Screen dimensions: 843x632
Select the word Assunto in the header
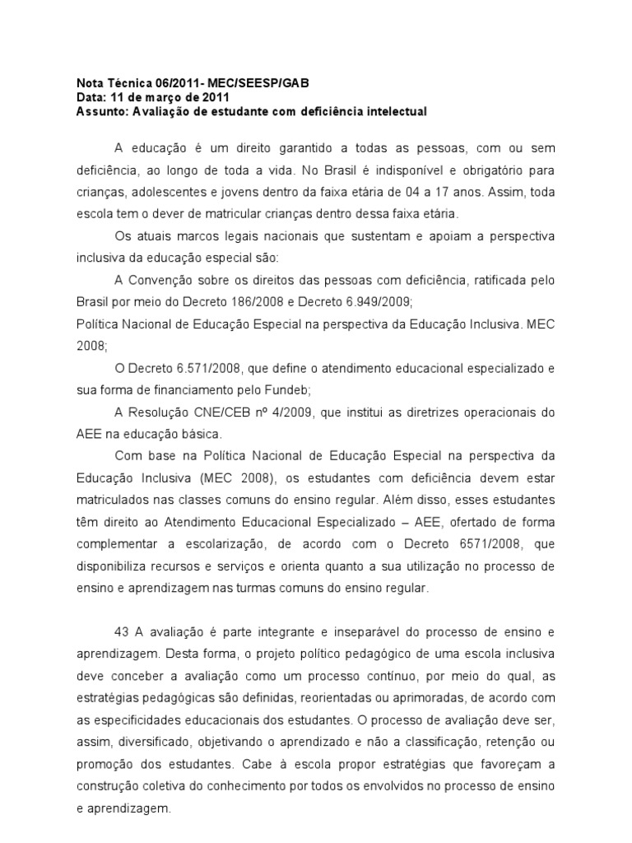(x=98, y=111)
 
